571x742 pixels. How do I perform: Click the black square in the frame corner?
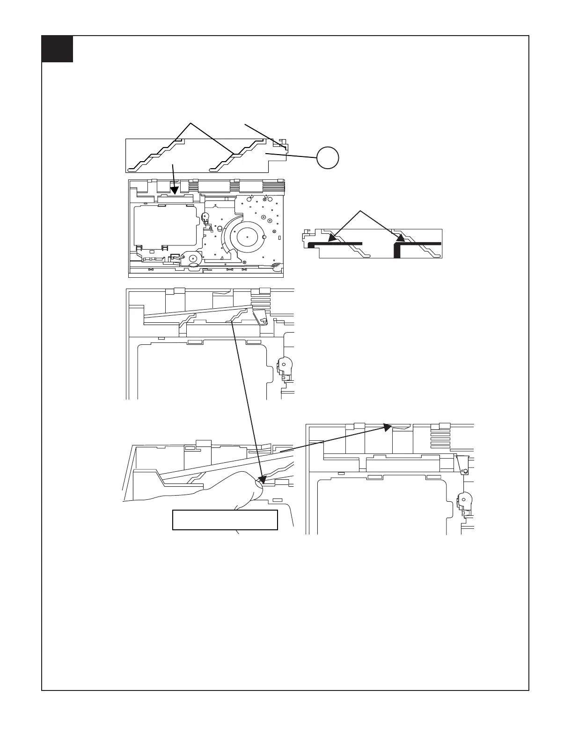coord(57,49)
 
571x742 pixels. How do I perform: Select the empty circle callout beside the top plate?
coord(328,158)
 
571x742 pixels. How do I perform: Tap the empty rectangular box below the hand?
coord(225,519)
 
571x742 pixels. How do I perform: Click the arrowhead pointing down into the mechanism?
coord(175,190)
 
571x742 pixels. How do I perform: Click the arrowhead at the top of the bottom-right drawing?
coord(388,427)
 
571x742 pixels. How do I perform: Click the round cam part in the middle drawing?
coord(285,364)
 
